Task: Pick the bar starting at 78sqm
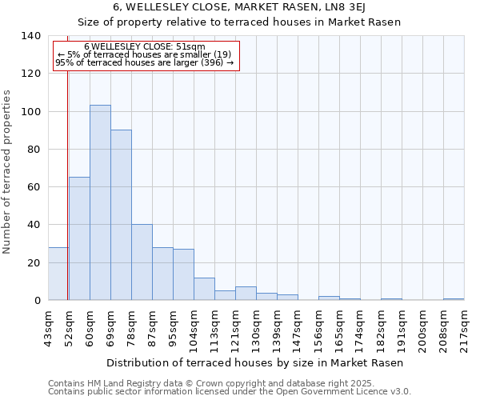(x=142, y=262)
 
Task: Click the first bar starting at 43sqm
(x=58, y=274)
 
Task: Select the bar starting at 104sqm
(x=204, y=289)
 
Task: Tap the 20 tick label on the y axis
(x=33, y=263)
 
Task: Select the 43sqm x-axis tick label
(x=48, y=329)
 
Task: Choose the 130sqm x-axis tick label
(x=256, y=329)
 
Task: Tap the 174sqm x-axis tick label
(x=360, y=329)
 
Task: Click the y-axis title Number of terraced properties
(x=7, y=171)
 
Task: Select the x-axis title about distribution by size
(x=254, y=362)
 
